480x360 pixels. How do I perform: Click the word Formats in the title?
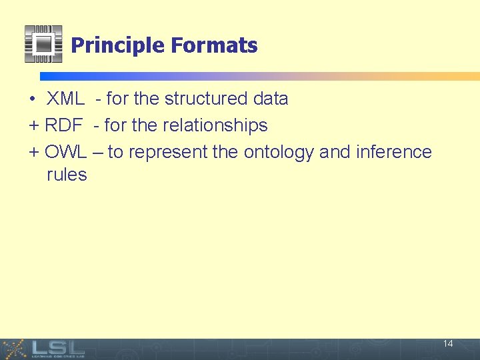[214, 45]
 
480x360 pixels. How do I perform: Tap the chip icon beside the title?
[43, 44]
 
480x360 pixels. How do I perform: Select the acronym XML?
[65, 99]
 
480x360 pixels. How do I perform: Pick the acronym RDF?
[63, 125]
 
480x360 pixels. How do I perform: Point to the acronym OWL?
[65, 152]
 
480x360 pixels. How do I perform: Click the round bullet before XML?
[32, 99]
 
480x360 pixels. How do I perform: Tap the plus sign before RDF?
[34, 125]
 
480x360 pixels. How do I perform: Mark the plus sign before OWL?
[34, 152]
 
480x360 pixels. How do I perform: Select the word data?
[271, 99]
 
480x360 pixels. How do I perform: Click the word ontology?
[279, 153]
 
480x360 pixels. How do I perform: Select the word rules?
[67, 175]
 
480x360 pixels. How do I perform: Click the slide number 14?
[448, 344]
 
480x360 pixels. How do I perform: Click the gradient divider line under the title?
[260, 76]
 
